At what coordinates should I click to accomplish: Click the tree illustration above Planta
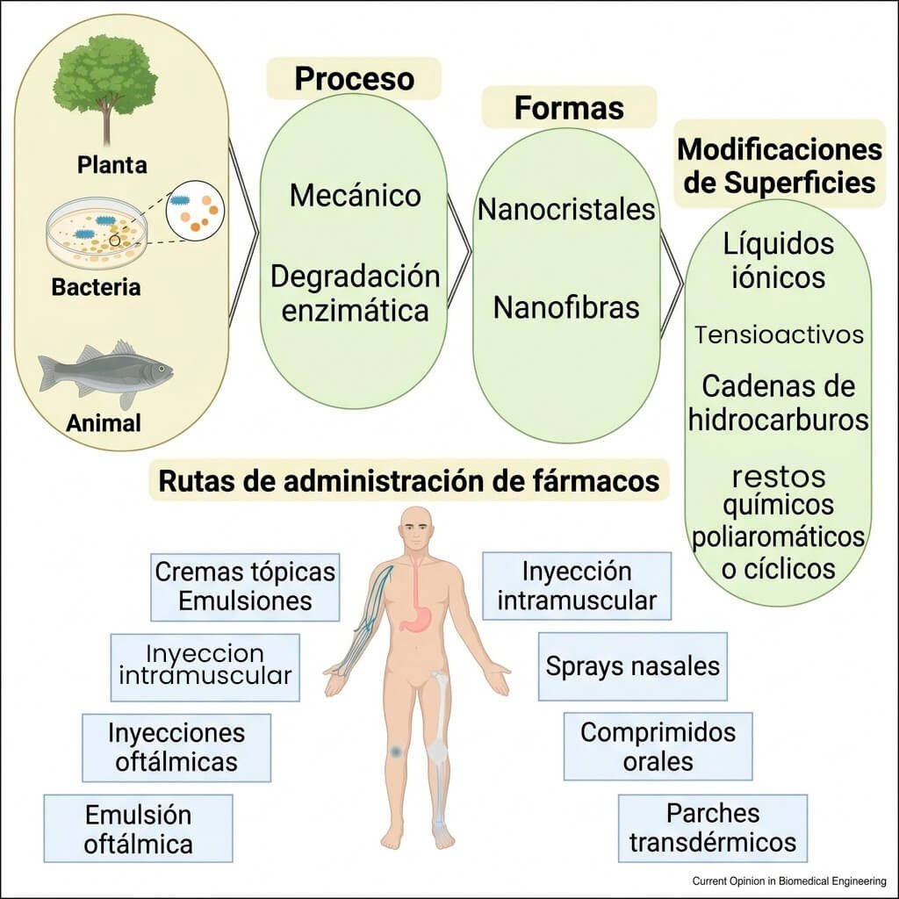104,83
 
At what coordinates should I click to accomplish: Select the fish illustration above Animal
104,373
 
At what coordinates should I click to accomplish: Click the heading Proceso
354,78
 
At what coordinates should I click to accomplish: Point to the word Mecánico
355,195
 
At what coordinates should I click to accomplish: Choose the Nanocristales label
566,210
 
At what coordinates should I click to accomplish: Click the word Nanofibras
566,308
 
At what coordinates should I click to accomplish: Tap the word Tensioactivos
779,334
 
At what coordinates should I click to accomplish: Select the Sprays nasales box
632,666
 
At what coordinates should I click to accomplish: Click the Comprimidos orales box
658,746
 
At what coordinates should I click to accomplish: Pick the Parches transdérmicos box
712,827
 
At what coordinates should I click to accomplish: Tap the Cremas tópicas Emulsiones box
245,586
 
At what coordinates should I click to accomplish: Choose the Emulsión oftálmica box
138,829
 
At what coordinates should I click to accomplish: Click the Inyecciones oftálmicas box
176,746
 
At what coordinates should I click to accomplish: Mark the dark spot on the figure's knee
396,752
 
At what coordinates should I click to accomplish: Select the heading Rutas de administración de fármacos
408,481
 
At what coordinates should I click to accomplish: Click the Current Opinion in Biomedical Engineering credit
789,881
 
